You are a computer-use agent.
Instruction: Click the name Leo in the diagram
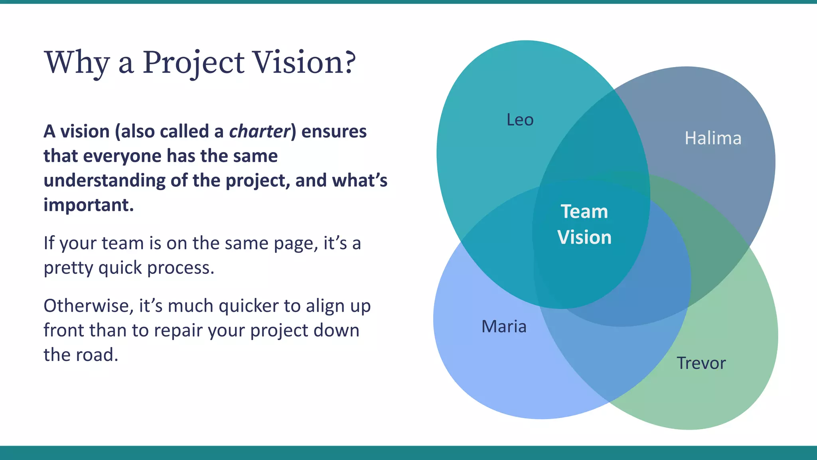coord(520,120)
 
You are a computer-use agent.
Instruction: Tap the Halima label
coord(713,138)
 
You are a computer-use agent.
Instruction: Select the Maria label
coord(504,327)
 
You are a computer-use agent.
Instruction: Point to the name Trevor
coord(701,363)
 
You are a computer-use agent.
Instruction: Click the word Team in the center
coord(584,211)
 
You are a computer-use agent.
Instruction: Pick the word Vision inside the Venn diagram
coord(584,237)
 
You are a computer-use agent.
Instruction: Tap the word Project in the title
coord(193,63)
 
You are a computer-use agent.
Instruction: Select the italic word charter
coord(259,131)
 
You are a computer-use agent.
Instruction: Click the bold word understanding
coord(104,180)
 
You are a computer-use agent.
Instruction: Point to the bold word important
coord(88,205)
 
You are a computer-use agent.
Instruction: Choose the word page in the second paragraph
coord(296,244)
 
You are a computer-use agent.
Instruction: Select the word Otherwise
coord(88,306)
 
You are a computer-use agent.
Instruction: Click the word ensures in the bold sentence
coord(334,131)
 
